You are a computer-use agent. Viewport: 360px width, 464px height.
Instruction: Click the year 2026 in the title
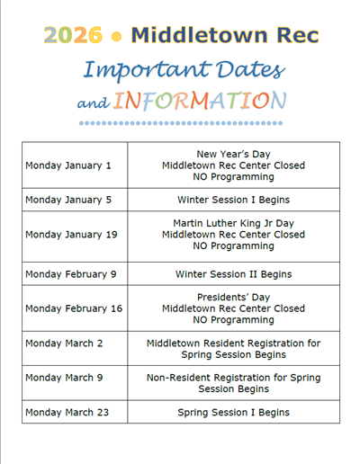[71, 36]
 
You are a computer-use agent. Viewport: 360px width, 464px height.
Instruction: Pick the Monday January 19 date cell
[71, 235]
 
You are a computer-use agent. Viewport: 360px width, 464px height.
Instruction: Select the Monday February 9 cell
[71, 274]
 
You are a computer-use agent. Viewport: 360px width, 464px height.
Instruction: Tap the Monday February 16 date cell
[74, 308]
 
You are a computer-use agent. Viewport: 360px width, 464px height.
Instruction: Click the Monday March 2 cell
[64, 344]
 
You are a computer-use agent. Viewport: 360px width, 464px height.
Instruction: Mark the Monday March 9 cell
[64, 378]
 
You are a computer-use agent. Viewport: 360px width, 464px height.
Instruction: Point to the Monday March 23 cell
[67, 412]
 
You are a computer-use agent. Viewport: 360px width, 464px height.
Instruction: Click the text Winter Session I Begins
[233, 200]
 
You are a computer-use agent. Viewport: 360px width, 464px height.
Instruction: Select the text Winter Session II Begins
[233, 274]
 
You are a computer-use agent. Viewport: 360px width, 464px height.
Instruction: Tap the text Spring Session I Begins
[233, 412]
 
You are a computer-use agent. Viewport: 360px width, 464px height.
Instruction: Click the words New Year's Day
[233, 154]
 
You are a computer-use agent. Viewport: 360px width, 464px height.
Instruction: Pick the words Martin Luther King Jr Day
[233, 223]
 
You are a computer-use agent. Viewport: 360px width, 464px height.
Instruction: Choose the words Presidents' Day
[233, 297]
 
